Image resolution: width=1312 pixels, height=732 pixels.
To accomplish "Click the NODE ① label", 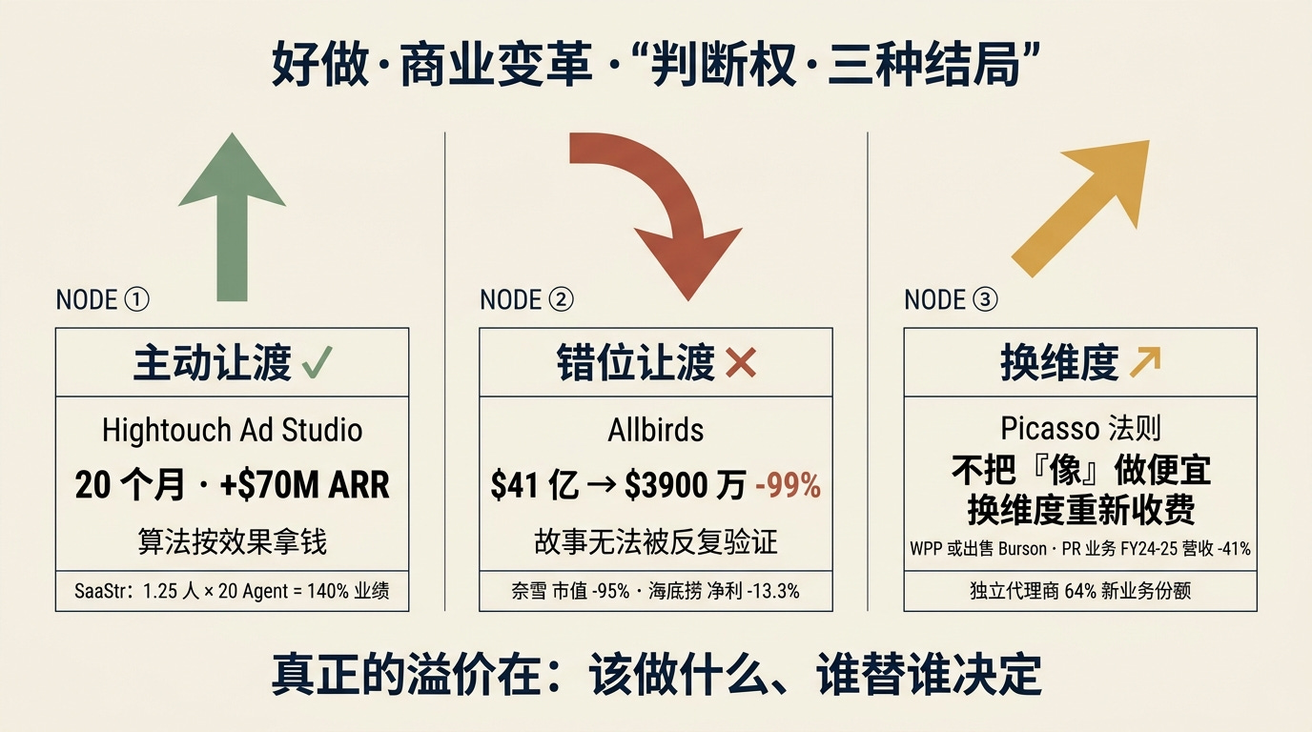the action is click(103, 299).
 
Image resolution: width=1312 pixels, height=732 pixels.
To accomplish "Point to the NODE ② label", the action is click(526, 299).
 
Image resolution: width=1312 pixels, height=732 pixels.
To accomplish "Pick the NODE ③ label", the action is click(951, 299).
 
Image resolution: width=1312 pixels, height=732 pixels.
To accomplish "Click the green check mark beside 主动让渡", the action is click(317, 363).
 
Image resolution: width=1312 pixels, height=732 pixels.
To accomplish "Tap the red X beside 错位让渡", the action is click(740, 363).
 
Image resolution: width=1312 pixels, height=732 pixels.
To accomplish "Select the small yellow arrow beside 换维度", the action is click(1144, 363).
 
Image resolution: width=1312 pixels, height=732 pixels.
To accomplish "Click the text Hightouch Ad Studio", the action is click(232, 430).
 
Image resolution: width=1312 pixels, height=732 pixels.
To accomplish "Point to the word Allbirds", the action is click(656, 430).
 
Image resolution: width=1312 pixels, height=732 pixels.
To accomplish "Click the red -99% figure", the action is click(788, 486).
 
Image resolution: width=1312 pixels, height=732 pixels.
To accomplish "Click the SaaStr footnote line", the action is click(232, 592).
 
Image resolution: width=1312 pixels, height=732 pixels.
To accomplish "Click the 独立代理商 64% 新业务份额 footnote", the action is click(1080, 592).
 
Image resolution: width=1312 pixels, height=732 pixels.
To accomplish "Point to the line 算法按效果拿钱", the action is click(232, 541).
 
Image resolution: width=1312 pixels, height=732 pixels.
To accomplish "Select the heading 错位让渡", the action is click(636, 363).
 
